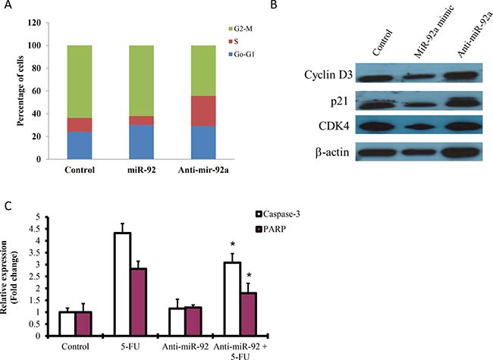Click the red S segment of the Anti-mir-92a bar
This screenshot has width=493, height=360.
203,111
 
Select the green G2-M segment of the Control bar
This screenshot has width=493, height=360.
80,82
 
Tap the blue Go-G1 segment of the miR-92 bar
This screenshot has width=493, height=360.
142,142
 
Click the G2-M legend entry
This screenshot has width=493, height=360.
240,29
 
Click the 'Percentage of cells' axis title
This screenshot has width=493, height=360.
20,91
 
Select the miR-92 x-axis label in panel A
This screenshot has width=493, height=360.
142,170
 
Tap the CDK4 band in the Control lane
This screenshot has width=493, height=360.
377,127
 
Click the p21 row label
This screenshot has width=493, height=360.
339,102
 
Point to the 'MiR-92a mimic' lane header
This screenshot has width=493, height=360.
434,32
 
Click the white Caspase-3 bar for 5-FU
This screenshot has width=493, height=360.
123,285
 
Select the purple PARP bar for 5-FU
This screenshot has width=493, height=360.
139,302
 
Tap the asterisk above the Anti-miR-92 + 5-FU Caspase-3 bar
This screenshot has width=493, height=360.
233,244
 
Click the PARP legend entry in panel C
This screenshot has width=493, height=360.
271,230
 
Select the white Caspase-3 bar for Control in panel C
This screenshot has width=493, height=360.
68,324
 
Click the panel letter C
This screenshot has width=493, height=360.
9,206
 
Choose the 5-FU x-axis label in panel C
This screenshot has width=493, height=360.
130,347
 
